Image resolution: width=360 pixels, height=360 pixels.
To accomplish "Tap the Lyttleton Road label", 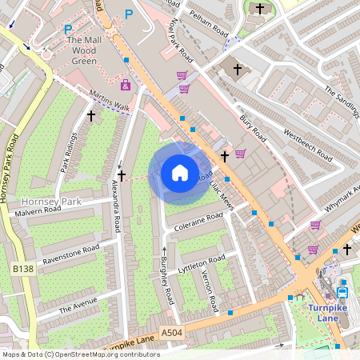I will click(202, 265).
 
